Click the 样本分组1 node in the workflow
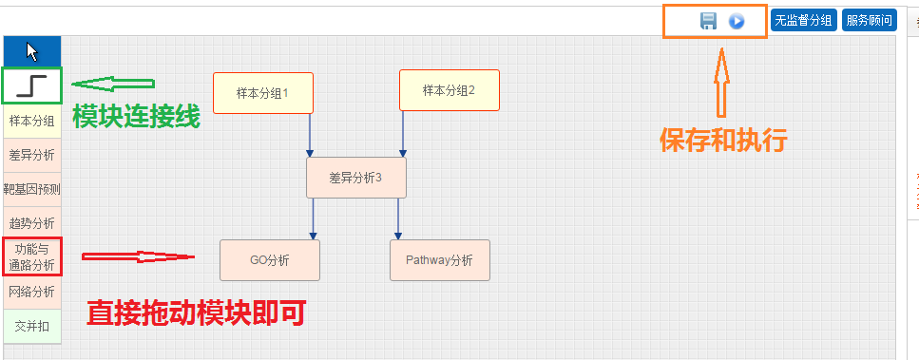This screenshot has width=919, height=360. pyautogui.click(x=262, y=92)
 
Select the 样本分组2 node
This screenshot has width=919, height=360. pyautogui.click(x=449, y=90)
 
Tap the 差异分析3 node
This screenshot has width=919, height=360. pyautogui.click(x=355, y=178)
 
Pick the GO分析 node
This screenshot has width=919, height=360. pyautogui.click(x=270, y=259)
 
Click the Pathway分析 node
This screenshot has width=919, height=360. pyautogui.click(x=439, y=259)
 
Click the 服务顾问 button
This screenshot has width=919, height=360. pyautogui.click(x=869, y=20)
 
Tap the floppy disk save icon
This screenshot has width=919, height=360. pyautogui.click(x=708, y=21)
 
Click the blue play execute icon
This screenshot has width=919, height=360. pyautogui.click(x=736, y=21)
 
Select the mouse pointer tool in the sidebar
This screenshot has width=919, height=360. pyautogui.click(x=32, y=50)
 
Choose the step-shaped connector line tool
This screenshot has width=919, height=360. pyautogui.click(x=32, y=85)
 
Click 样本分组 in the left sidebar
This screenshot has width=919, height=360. pyautogui.click(x=32, y=121)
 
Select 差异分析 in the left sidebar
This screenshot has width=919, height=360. pyautogui.click(x=32, y=155)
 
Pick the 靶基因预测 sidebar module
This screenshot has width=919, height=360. pyautogui.click(x=32, y=189)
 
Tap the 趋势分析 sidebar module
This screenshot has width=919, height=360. pyautogui.click(x=32, y=223)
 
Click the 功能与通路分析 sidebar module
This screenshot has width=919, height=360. pyautogui.click(x=32, y=257)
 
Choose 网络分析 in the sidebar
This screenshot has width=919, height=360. pyautogui.click(x=32, y=292)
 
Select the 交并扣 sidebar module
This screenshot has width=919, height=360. pyautogui.click(x=32, y=326)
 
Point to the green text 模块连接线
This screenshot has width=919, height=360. pyautogui.click(x=136, y=117)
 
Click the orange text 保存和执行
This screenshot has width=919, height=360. pyautogui.click(x=723, y=141)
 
